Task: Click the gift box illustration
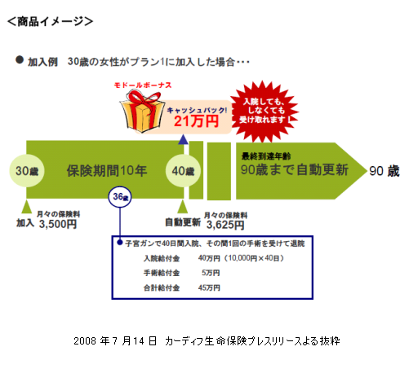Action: tap(142, 112)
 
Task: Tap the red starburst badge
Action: tap(265, 112)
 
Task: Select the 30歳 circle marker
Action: tap(27, 171)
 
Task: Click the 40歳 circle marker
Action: tap(183, 171)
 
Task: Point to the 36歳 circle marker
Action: tap(120, 196)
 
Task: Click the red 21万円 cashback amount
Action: tap(196, 121)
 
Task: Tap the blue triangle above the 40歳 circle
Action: tap(183, 139)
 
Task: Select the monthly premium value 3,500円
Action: tap(58, 224)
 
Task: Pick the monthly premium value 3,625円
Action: tap(225, 225)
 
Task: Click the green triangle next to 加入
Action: tap(26, 207)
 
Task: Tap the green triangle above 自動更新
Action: tap(183, 207)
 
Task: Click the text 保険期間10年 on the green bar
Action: tap(107, 171)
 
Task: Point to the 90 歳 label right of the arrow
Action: tap(385, 171)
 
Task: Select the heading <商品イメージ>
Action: tap(50, 21)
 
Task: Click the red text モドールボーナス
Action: tap(143, 86)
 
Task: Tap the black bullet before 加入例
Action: tap(20, 59)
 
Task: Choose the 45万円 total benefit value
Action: tap(209, 287)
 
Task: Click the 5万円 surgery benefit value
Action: tap(211, 273)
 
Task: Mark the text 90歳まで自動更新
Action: tap(295, 170)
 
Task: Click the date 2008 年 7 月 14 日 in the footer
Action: tap(115, 340)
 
